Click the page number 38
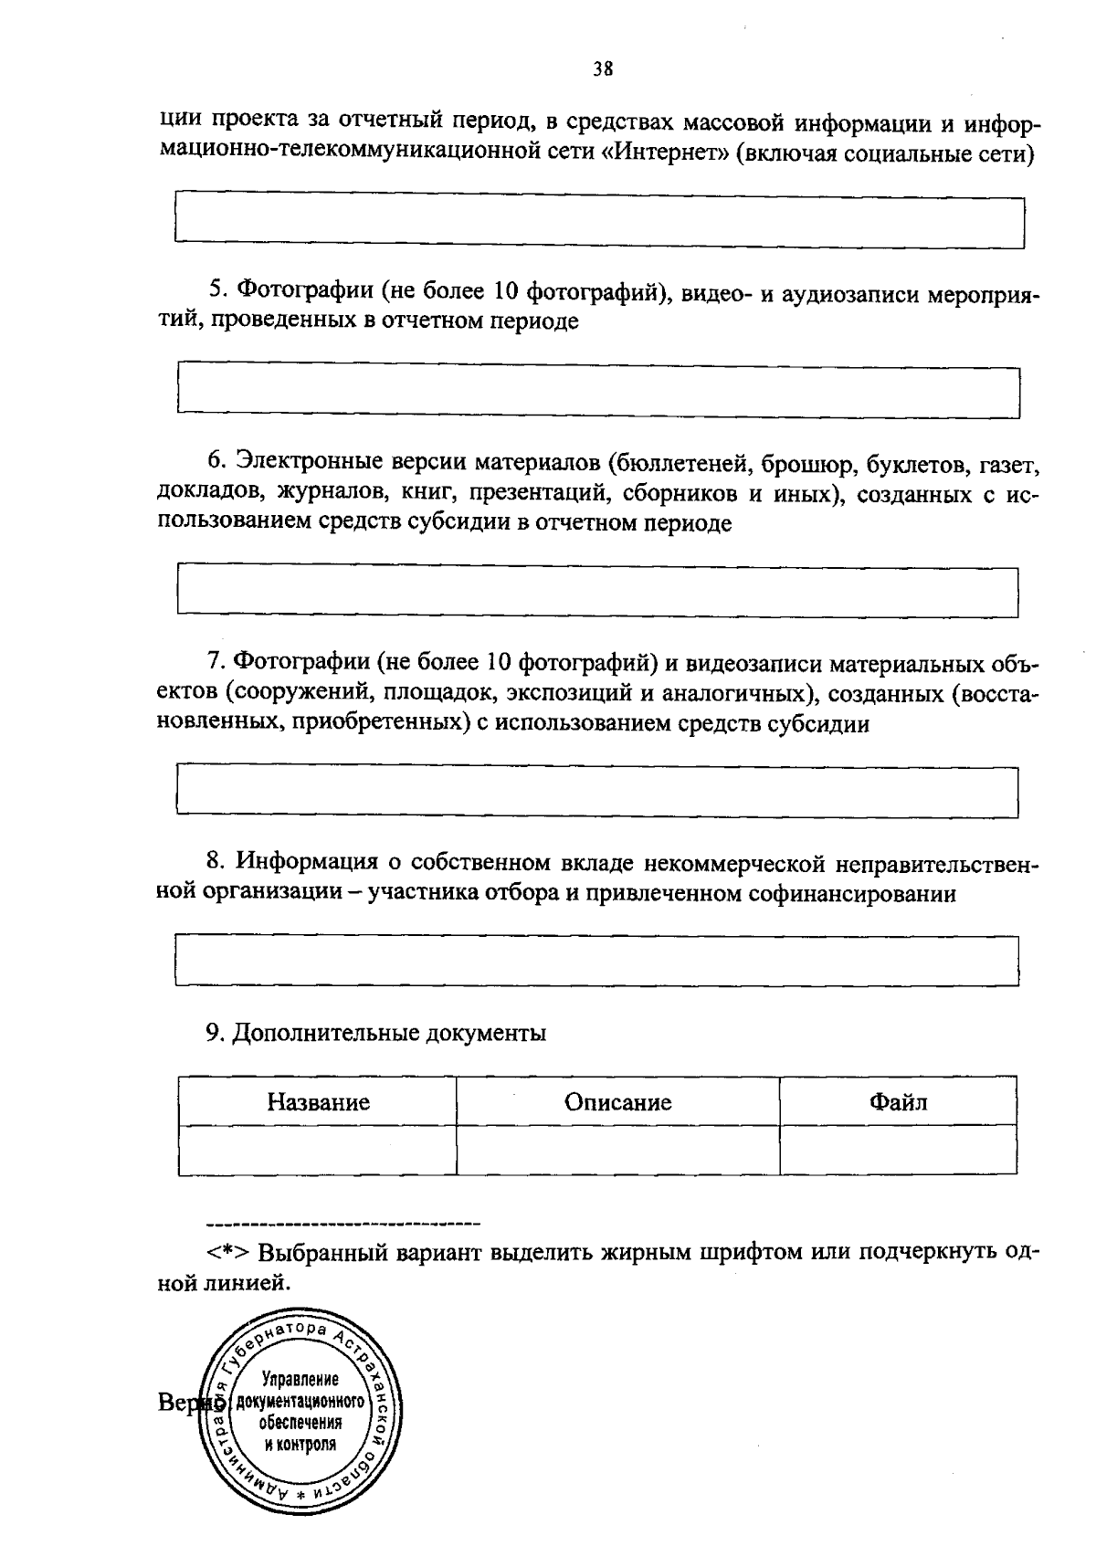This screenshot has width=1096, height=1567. (602, 69)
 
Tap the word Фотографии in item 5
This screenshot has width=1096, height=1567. (305, 291)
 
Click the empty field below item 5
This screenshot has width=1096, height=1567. (599, 392)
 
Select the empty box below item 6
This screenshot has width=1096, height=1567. (597, 592)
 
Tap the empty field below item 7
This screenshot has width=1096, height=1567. (597, 791)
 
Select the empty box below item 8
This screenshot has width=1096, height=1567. (597, 960)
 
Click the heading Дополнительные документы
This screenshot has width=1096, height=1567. (389, 1033)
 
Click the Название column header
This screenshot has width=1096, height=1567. (318, 1101)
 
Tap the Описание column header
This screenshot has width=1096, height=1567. (617, 1101)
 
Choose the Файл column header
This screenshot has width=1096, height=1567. (898, 1101)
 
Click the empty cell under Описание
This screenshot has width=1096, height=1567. (617, 1150)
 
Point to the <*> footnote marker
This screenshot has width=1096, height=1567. (227, 1252)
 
